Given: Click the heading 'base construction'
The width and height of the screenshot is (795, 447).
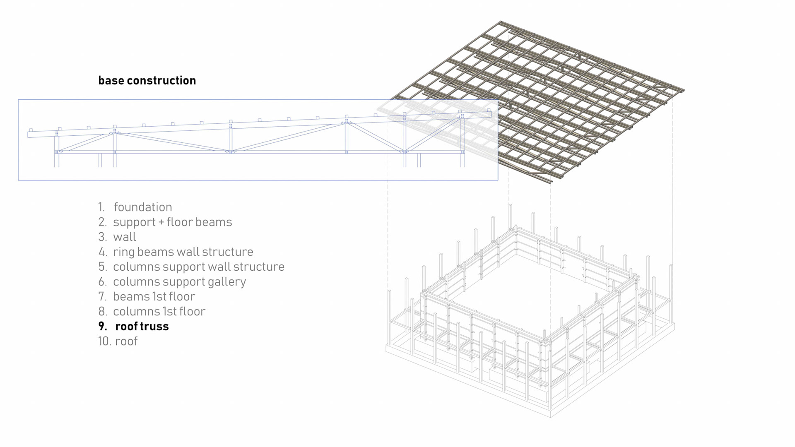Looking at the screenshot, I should coord(147,80).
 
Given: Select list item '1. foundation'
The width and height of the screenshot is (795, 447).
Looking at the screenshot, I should coord(135,207).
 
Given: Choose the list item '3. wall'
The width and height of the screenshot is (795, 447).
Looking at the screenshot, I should coord(117,237).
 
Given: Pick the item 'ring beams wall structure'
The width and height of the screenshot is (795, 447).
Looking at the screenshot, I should coord(183,252).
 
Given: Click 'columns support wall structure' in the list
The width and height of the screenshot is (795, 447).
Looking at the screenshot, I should coord(198,267).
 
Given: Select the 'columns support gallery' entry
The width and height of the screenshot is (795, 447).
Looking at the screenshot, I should coord(179,281).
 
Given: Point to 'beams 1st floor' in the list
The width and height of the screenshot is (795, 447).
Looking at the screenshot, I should coord(154,296).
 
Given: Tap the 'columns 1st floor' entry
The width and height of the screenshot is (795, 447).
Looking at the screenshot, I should coord(159,311).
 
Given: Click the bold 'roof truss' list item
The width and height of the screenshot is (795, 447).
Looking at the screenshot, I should coord(142,326).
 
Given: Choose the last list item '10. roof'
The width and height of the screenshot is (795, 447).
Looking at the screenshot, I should coord(118,341).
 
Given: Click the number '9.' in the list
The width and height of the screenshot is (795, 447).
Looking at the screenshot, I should coord(103,326).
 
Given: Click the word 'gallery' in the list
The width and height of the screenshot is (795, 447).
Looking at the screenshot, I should coord(227,282).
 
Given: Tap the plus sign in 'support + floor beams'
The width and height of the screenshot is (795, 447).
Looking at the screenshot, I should coord(161,222).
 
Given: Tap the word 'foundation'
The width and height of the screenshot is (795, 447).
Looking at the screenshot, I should coord(143,207).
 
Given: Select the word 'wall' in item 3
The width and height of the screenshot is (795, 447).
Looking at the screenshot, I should coord(125,237).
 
